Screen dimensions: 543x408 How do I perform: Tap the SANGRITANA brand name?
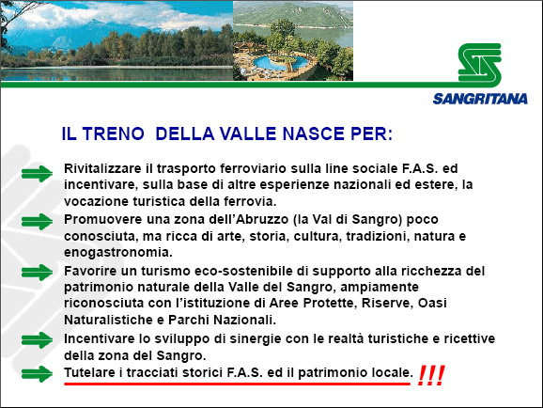coord(480,99)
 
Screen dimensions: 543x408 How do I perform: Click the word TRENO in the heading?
coord(114,133)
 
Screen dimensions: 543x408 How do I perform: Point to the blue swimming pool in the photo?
coord(281,63)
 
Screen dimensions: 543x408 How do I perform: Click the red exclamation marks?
coord(431,375)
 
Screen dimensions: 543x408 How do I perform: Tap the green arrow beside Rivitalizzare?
coord(37,174)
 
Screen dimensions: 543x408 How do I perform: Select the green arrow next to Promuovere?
coord(37,222)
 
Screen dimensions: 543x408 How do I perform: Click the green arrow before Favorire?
coord(37,273)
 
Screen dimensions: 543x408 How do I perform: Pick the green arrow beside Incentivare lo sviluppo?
coord(37,340)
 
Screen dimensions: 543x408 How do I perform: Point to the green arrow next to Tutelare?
coord(37,374)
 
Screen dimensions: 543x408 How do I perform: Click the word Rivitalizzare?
coord(102,168)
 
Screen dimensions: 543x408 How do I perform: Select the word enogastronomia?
coord(118,252)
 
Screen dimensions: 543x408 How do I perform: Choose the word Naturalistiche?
coord(108,320)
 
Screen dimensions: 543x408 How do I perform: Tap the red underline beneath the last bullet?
coord(238,384)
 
